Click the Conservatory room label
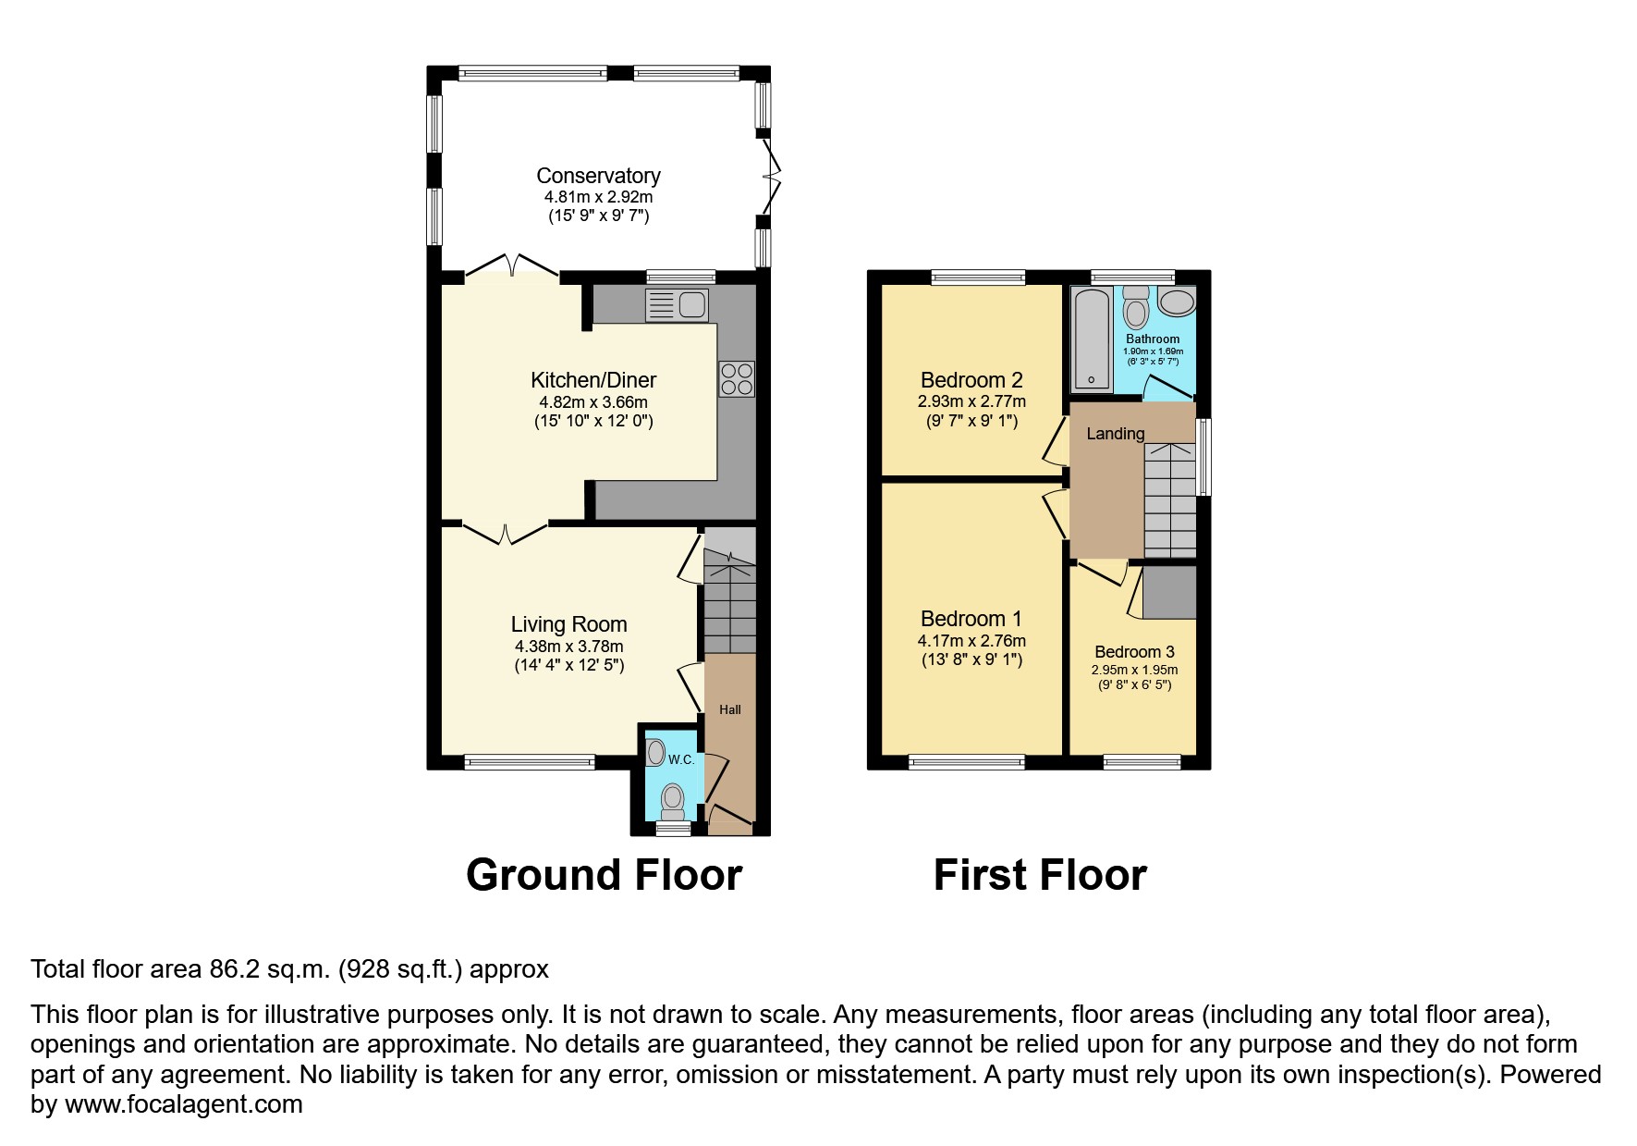coord(598,176)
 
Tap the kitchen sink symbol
coord(677,304)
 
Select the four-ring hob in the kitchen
coord(737,378)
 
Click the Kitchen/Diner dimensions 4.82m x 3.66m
coord(593,402)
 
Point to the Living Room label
coord(568,624)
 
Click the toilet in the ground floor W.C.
coord(673,800)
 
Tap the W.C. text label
coord(681,759)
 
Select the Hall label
coord(730,709)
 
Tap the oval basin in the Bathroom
coord(1176,302)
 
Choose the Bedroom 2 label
coord(971,380)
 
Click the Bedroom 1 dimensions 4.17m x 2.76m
coord(971,641)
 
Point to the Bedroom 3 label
coord(1134,651)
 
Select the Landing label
coord(1115,433)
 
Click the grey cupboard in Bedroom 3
coord(1169,592)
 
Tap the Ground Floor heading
coord(604,874)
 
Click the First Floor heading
coord(1040,874)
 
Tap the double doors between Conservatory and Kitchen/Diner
coord(511,267)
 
